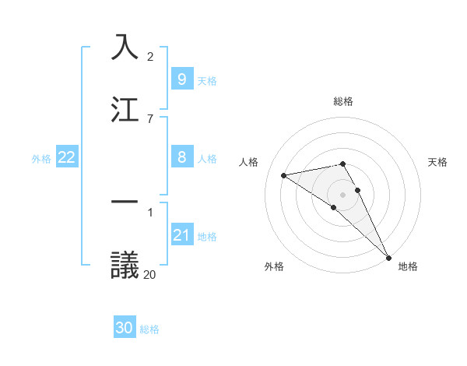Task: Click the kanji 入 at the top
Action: click(x=125, y=46)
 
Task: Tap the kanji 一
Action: click(x=125, y=202)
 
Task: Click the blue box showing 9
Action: click(x=181, y=79)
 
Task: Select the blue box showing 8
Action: click(x=181, y=157)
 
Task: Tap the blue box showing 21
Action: click(x=181, y=235)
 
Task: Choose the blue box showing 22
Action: click(x=67, y=157)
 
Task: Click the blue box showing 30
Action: click(x=125, y=328)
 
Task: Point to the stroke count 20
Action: click(x=150, y=274)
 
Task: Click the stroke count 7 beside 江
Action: click(x=150, y=118)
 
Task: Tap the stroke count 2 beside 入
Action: click(x=150, y=57)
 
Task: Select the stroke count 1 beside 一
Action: click(x=150, y=213)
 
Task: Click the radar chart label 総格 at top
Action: click(x=343, y=101)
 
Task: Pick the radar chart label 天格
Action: click(x=437, y=162)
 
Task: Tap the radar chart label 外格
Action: click(x=273, y=266)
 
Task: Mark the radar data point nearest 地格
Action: click(x=388, y=256)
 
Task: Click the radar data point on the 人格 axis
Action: click(x=284, y=175)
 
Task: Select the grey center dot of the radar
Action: click(x=343, y=194)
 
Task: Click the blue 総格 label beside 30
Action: click(x=149, y=329)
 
